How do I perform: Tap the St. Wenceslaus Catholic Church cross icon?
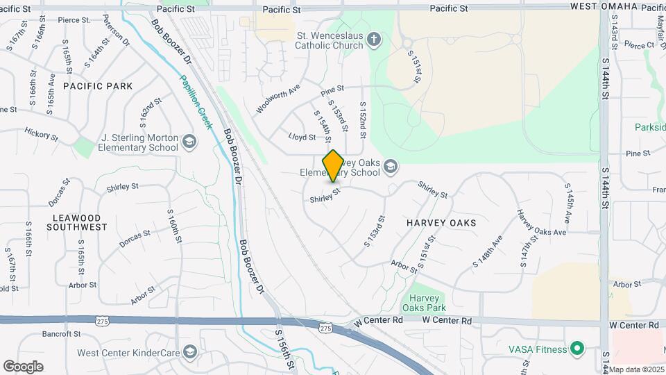(x=374, y=39)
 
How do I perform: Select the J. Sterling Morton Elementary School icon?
(x=189, y=142)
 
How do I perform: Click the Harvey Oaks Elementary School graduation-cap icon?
(x=391, y=166)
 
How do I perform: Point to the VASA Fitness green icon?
(x=575, y=347)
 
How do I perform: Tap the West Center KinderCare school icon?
(x=189, y=353)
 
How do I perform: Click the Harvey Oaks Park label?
(x=423, y=302)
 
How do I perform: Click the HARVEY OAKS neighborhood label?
(x=441, y=223)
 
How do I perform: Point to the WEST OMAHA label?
(x=604, y=7)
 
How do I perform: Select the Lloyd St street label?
(x=302, y=137)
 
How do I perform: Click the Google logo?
(x=23, y=366)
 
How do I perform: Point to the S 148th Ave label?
(x=487, y=253)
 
